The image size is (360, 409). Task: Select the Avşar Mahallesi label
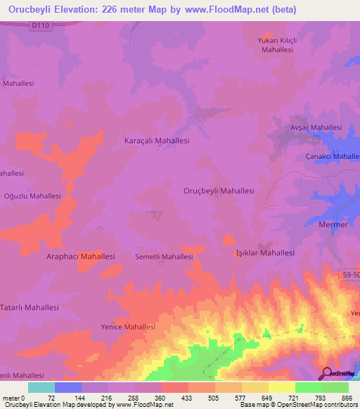(x=316, y=127)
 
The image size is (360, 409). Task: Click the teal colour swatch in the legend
(x=41, y=387)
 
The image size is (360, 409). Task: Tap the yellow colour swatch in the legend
(x=282, y=387)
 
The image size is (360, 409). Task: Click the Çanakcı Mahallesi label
(x=332, y=156)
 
